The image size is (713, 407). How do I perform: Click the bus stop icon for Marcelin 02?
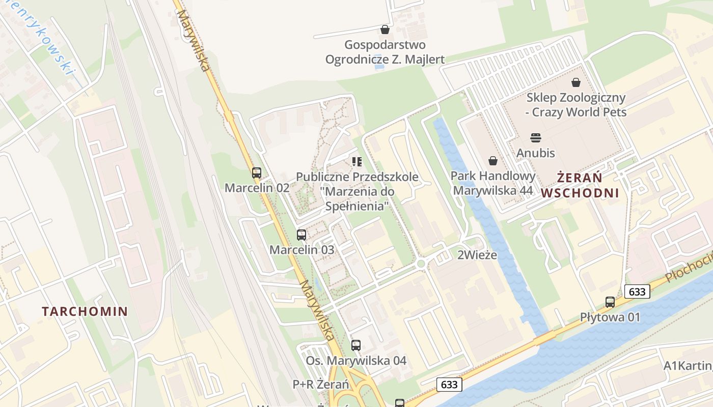tap(257, 173)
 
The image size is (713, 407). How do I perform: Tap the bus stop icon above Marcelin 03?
tap(301, 235)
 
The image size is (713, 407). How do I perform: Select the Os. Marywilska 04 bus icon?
tap(356, 345)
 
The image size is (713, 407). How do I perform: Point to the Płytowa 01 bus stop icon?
tap(610, 302)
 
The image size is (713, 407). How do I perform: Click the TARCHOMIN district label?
tap(85, 311)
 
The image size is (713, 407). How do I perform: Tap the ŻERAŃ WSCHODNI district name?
tap(580, 185)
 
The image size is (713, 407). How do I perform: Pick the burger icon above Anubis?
tap(535, 138)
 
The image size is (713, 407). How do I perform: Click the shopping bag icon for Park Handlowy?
tap(493, 161)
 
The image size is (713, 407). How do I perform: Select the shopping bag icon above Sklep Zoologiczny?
tap(576, 82)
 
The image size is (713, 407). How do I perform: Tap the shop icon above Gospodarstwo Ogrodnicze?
tap(385, 30)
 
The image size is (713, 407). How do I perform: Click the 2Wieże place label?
tap(477, 255)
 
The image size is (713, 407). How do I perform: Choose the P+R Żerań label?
tap(321, 384)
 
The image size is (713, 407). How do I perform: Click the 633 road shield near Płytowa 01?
tap(637, 292)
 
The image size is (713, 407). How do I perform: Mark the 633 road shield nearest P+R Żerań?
tap(449, 384)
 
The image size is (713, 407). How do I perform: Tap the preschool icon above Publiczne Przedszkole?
tap(357, 162)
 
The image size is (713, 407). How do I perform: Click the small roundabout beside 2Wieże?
tap(421, 264)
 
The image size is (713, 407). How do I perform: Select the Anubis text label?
tap(535, 153)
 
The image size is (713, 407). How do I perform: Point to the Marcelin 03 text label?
tap(302, 250)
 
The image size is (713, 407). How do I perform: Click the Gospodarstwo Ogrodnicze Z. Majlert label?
tap(385, 52)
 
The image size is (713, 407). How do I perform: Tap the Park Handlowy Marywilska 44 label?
tap(493, 183)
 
